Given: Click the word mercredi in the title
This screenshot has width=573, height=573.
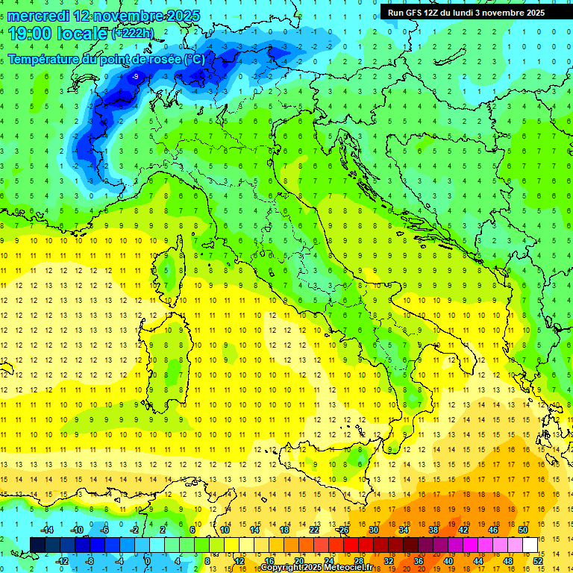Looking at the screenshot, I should click(x=33, y=16).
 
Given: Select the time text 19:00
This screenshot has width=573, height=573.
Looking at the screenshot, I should click(x=29, y=33).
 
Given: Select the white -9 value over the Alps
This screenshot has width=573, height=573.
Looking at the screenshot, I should click(x=134, y=77).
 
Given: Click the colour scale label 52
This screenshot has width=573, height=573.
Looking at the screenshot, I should click(x=536, y=561).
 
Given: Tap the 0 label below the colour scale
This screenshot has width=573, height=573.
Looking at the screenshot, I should click(x=147, y=561).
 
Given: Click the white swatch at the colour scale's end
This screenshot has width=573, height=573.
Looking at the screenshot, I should click(x=530, y=545).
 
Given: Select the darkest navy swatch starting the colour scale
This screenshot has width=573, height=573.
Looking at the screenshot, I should click(x=38, y=545).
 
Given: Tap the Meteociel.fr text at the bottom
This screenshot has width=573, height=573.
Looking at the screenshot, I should click(x=348, y=568).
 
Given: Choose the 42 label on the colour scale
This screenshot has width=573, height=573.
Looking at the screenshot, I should click(x=463, y=529).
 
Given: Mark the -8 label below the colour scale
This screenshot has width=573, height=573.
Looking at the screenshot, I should click(x=89, y=561).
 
